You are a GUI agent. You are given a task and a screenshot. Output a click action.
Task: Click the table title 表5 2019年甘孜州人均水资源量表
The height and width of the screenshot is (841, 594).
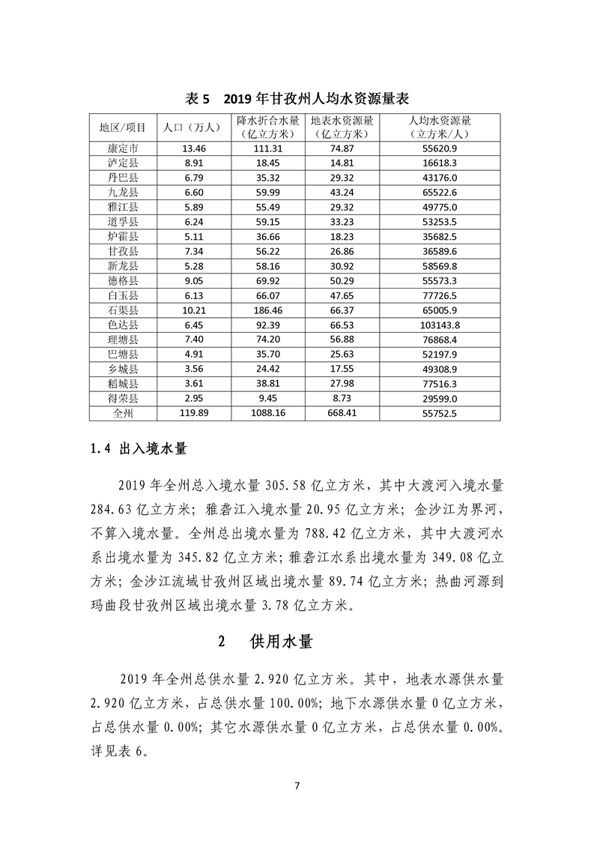coord(297,100)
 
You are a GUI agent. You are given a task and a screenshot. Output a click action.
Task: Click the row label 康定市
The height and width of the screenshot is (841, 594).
coord(123,148)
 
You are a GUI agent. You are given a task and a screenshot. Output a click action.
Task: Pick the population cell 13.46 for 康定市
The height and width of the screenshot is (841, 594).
coord(189,148)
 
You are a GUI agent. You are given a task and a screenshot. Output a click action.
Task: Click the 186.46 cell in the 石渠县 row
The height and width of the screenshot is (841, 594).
coord(269,310)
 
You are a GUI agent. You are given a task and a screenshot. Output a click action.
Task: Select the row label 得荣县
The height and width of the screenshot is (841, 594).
coord(123,398)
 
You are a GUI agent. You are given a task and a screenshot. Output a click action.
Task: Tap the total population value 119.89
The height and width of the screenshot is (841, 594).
coord(189,413)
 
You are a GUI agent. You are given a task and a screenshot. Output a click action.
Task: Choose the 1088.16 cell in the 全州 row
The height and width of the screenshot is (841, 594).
coord(269,413)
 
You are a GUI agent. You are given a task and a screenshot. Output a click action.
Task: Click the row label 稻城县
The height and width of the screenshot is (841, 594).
coord(123,383)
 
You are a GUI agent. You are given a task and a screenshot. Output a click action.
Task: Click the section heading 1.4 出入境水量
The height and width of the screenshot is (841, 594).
coord(139,450)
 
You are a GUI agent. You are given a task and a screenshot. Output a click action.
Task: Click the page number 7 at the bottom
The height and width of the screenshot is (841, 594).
coord(297,786)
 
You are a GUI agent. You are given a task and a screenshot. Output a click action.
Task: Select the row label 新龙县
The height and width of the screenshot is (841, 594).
coord(123,266)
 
